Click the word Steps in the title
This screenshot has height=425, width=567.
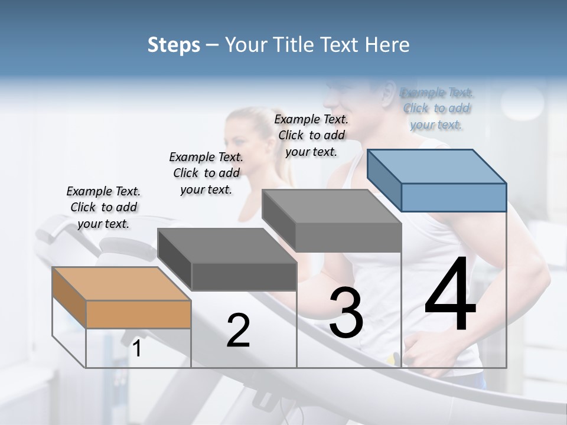coord(174,45)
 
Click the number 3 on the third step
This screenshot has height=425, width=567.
coord(346,313)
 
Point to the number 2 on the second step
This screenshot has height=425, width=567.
coord(238,331)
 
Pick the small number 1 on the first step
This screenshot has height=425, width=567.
coord(137,349)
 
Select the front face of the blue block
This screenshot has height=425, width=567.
coord(454,197)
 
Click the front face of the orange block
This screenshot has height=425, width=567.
coord(138,314)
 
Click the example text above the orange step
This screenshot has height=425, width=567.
coord(103,207)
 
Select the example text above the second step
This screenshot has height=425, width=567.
coord(206,173)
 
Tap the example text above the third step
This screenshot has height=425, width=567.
coord(311,135)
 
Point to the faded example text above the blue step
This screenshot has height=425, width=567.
coord(436,109)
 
